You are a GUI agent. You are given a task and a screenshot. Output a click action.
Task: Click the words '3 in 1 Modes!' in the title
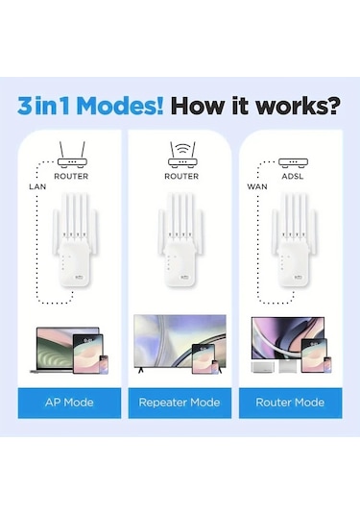(x=97, y=105)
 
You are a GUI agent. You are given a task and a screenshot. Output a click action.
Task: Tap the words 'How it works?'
(x=257, y=105)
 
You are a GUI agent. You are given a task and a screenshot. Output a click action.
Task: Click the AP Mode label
(x=70, y=402)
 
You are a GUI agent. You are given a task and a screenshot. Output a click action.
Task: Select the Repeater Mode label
(x=180, y=402)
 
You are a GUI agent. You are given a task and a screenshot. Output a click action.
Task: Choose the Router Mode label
(x=289, y=402)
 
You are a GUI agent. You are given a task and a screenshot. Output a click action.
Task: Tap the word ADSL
(x=290, y=177)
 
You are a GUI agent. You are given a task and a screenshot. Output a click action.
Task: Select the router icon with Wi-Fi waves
(x=180, y=153)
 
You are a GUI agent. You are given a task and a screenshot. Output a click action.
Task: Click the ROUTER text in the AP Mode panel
(x=71, y=177)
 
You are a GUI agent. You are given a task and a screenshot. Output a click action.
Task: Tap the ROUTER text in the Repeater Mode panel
(x=180, y=177)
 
